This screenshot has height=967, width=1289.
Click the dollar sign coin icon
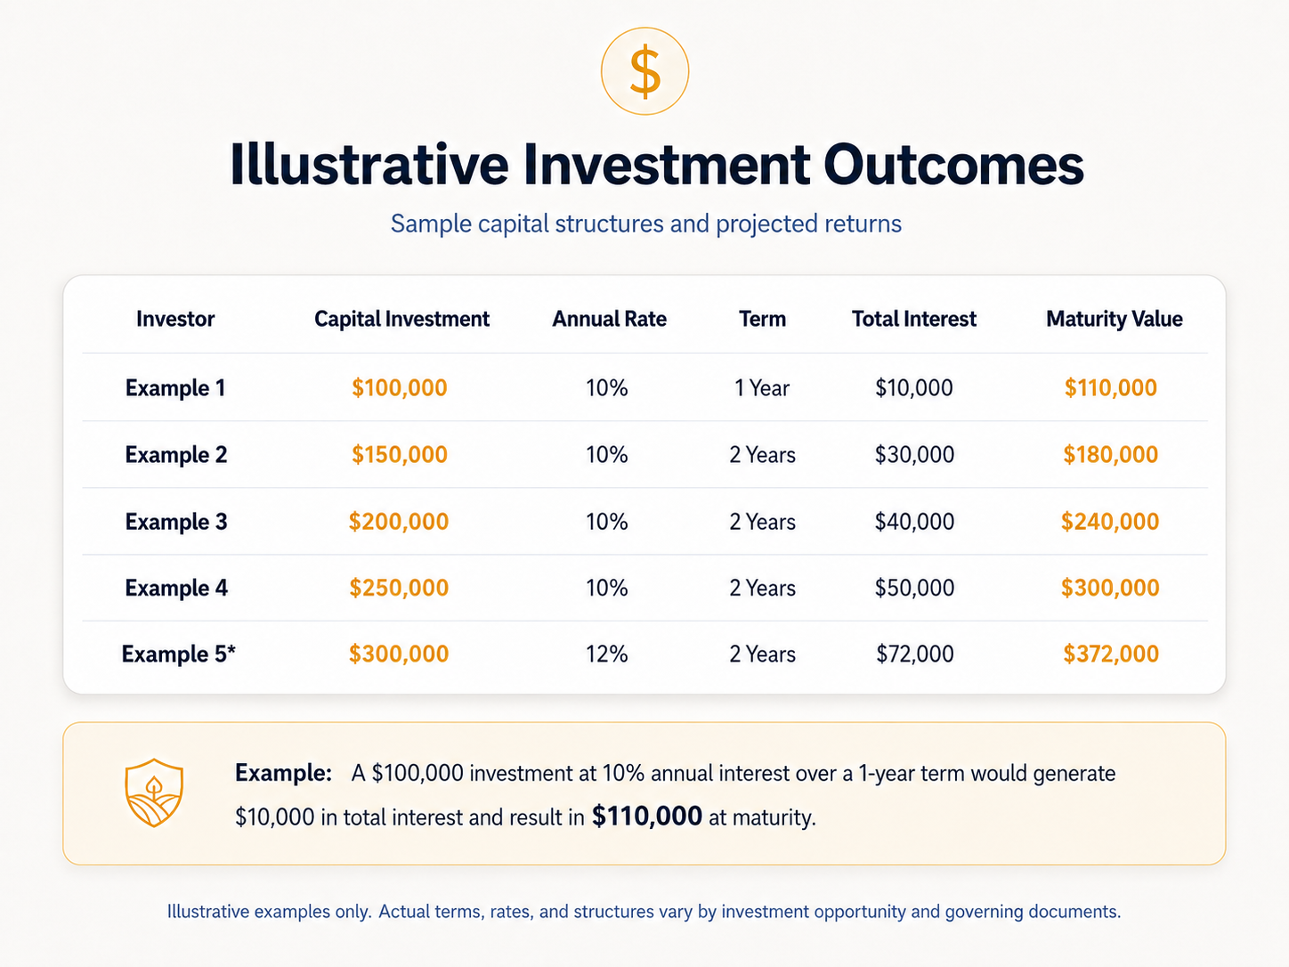point(644,71)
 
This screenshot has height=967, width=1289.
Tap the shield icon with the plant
point(154,792)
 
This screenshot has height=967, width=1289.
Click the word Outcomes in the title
point(953,165)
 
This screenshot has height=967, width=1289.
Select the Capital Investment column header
point(401,319)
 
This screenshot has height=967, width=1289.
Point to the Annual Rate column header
point(609,319)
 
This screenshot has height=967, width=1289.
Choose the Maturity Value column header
point(1114,320)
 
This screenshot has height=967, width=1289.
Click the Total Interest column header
point(913,319)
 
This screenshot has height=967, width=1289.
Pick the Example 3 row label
point(176,522)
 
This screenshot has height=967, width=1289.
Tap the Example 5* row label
point(179,654)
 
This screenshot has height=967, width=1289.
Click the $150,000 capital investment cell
point(400,454)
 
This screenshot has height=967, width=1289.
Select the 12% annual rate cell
point(606,654)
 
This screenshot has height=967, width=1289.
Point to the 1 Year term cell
point(762,388)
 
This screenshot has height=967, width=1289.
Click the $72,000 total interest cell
point(914,654)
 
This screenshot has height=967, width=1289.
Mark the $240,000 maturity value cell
point(1110,522)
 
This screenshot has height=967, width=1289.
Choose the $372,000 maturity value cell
point(1110,654)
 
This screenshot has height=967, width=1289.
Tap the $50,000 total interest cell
point(914,588)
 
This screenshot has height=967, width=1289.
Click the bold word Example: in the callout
point(284,773)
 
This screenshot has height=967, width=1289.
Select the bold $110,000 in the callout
point(646,817)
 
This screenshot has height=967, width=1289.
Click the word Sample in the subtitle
point(431,224)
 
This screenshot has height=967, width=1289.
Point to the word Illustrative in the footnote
point(208,911)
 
